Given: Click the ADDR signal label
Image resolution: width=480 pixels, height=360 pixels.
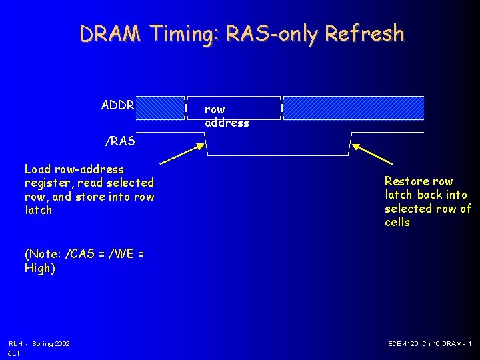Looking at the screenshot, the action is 117,105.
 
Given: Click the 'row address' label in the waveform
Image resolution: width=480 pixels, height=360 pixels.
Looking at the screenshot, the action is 226,116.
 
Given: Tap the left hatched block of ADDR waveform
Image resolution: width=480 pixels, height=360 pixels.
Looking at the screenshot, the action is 160,108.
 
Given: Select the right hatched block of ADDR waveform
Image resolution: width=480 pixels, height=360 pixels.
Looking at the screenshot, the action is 353,108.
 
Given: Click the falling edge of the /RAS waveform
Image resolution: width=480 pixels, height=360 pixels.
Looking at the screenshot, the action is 207,144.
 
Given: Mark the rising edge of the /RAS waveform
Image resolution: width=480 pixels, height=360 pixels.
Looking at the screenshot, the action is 349,144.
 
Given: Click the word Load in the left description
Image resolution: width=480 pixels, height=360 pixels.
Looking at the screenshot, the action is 37,169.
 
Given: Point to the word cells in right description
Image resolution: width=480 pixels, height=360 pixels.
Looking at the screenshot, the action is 397,222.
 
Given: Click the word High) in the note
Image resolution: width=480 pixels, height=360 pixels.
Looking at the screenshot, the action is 40,268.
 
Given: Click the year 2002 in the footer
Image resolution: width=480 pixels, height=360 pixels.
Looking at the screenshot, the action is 61,343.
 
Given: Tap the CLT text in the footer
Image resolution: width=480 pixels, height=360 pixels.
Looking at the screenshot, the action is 15,353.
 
